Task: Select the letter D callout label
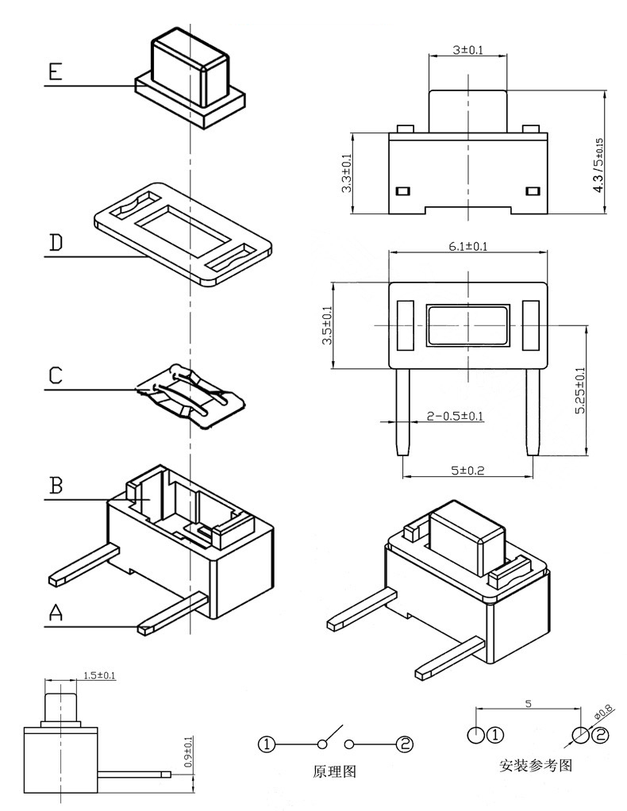(55, 242)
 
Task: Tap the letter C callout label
(55, 375)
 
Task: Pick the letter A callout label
(55, 612)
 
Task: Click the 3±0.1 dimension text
(467, 50)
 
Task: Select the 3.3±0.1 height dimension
(345, 174)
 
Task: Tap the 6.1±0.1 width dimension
(467, 247)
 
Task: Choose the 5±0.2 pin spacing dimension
(467, 471)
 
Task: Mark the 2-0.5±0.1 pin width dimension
(455, 416)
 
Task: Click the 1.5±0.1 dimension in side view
(99, 675)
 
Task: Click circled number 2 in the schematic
(406, 744)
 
